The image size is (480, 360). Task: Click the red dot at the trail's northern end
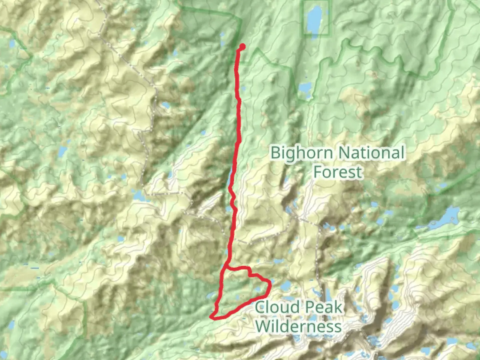tap(242, 47)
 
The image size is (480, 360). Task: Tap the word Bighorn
tap(302, 153)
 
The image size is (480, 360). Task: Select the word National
tap(371, 153)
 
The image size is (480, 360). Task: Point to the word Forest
tap(338, 172)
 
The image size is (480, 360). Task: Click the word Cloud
tap(277, 307)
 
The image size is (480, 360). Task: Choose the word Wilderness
tap(299, 326)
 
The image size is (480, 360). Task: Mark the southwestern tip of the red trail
tap(211, 317)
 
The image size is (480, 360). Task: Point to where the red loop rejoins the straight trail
tap(226, 268)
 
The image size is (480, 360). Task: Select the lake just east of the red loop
tap(286, 286)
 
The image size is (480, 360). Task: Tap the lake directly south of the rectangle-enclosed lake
tap(305, 88)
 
